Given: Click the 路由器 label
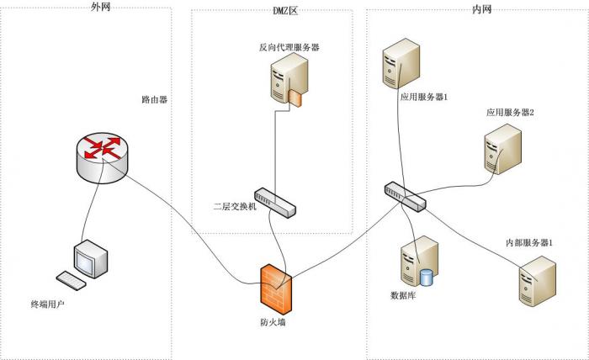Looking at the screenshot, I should click(x=155, y=99).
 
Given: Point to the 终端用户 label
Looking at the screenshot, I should click(x=48, y=304).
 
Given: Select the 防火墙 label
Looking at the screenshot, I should click(x=275, y=322).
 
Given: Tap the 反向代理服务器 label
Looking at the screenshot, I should click(x=289, y=48).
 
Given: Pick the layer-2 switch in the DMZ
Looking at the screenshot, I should click(x=276, y=203).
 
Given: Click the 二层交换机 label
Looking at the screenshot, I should click(x=236, y=206).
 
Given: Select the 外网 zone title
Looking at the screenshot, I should click(x=100, y=7).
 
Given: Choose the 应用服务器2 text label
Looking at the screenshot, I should click(x=510, y=112).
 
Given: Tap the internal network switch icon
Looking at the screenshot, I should click(x=405, y=195).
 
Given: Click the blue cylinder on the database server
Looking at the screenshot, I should click(x=426, y=276).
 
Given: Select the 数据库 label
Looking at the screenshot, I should click(x=403, y=295).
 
